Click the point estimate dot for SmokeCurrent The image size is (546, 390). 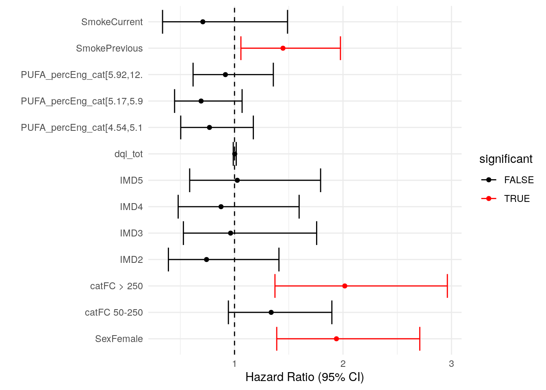point(203,22)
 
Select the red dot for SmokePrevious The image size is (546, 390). point(283,48)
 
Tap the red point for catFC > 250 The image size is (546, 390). point(344,286)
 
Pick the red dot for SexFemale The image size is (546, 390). point(336,339)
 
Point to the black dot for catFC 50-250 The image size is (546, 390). point(271,312)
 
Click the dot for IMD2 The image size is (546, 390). point(206,260)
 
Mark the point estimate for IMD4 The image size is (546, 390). point(221,207)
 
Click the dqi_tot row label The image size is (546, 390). point(128,154)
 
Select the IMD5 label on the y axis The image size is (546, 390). point(131,180)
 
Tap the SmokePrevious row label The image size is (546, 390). point(109,48)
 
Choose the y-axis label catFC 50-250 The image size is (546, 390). point(114,312)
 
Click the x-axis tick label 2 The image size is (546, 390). point(343,364)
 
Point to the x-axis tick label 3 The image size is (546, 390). point(451,364)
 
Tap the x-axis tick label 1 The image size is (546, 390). point(234,364)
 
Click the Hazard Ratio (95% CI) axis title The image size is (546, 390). point(305,377)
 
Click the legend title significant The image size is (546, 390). point(506,159)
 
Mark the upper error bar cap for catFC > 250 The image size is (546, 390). point(447,286)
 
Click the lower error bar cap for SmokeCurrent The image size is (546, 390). point(162,22)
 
